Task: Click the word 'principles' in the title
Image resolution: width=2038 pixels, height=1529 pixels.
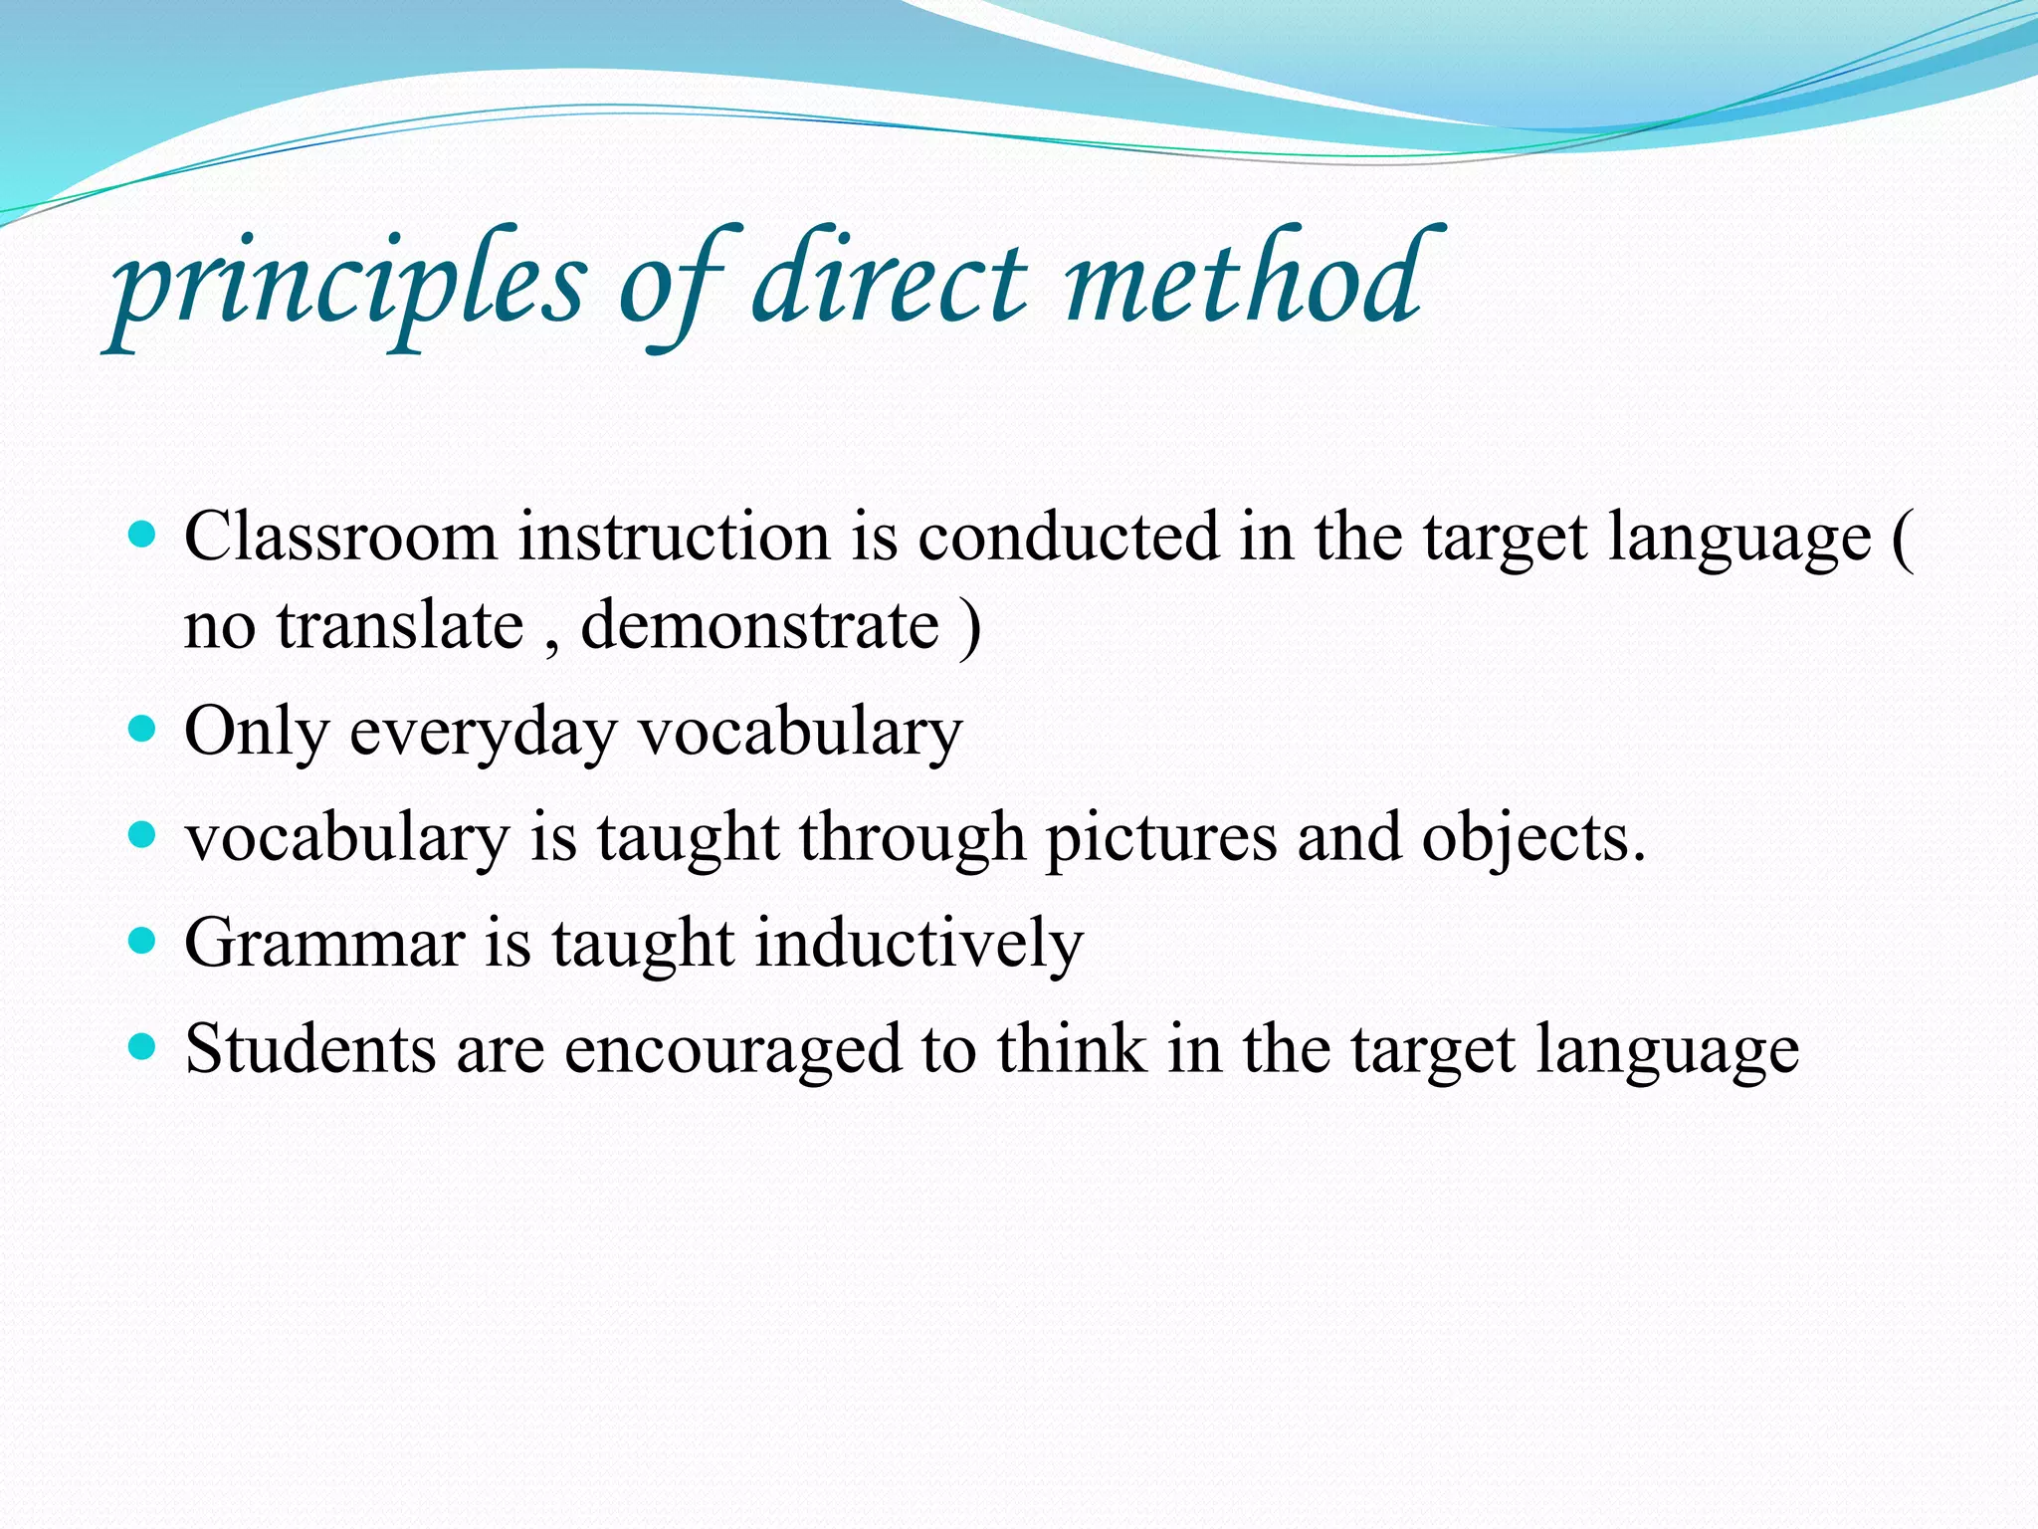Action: click(x=348, y=284)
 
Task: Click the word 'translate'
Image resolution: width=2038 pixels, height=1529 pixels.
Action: click(x=400, y=627)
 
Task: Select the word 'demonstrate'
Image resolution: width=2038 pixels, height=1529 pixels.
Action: click(x=759, y=627)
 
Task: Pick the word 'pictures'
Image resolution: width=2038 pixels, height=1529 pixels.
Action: click(x=1160, y=839)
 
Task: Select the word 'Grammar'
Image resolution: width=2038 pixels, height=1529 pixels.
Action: click(x=324, y=944)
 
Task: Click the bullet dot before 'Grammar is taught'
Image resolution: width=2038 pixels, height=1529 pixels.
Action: click(x=143, y=940)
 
